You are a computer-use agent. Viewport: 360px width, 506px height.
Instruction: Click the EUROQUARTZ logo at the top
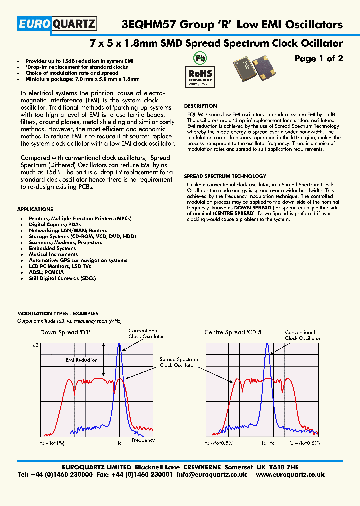pos(56,24)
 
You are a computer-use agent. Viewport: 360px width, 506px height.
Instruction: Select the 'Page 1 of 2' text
pos(318,59)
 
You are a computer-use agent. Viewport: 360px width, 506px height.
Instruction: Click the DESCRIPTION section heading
pos(200,106)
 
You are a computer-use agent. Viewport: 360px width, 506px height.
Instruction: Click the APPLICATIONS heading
pos(35,209)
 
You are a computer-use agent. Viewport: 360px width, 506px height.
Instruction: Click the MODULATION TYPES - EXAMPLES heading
pos(58,314)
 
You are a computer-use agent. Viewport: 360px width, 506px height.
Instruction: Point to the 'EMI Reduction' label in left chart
pos(81,360)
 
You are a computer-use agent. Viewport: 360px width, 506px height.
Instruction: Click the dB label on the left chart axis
pos(35,345)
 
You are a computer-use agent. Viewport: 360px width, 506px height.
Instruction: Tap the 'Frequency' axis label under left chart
pos(143,440)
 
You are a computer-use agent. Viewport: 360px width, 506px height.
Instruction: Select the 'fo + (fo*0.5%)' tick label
pos(304,443)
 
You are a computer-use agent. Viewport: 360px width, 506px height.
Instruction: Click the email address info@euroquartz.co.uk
pos(212,475)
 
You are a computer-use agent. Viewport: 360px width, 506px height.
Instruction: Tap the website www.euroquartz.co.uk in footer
pos(290,475)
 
